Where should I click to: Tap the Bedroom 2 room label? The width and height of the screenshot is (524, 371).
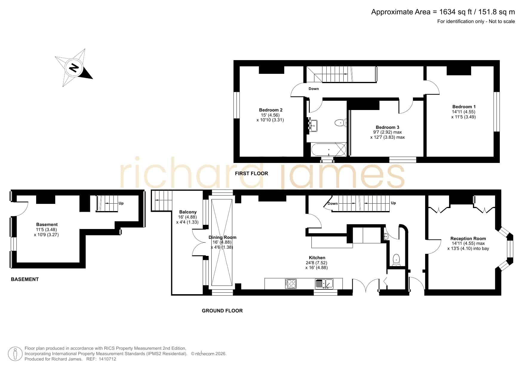[271, 110]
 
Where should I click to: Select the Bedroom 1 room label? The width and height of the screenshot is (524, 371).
[464, 107]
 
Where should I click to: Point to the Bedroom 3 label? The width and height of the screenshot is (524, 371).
[387, 127]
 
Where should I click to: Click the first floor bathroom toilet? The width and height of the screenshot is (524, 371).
[340, 123]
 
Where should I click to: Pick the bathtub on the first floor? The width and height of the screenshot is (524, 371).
[329, 149]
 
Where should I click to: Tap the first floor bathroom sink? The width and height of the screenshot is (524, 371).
[313, 125]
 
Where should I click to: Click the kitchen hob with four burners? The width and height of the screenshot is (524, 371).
[291, 283]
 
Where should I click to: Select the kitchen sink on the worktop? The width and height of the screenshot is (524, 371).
[324, 283]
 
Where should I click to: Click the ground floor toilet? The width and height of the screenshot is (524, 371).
[396, 259]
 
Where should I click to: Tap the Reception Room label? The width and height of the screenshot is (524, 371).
[468, 239]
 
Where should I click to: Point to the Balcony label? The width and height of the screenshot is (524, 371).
[188, 212]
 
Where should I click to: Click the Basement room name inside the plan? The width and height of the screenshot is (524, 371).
[47, 225]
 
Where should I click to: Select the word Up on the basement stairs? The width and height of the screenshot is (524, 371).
[121, 203]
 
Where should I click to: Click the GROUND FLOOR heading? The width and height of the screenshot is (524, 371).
[222, 311]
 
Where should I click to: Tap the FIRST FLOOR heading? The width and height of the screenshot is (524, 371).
[251, 173]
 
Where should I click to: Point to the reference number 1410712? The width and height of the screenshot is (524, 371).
[107, 359]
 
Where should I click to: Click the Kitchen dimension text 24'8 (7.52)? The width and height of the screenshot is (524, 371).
[316, 263]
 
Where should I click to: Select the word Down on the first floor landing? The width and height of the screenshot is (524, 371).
[314, 89]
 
